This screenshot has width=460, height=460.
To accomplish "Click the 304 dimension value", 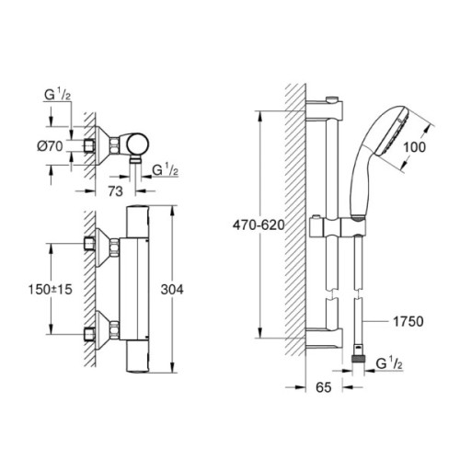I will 186,289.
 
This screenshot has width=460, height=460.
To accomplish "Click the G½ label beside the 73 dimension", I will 167,169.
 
